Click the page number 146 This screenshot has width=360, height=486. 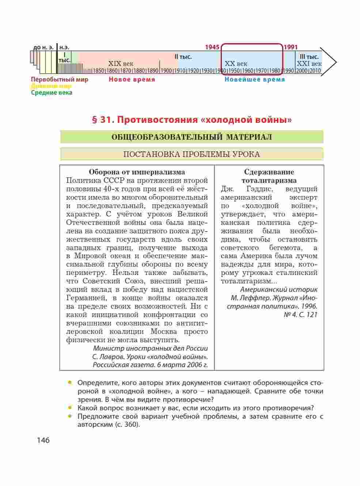(43, 440)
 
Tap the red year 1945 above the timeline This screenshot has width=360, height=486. (212, 47)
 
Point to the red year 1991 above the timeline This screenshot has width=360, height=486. (291, 47)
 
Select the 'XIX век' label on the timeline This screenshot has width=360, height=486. (121, 64)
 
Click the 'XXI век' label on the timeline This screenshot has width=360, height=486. (309, 64)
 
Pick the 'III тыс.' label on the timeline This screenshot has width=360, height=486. (309, 57)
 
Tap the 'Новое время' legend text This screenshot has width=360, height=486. (132, 79)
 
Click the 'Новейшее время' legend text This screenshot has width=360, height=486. (254, 79)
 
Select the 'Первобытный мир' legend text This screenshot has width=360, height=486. (60, 79)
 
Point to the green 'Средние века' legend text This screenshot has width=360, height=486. (52, 93)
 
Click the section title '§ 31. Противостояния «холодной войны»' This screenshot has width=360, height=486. (192, 120)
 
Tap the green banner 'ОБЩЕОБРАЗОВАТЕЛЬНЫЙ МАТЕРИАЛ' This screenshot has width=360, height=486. (192, 137)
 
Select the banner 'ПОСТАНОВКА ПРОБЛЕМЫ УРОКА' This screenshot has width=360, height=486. (192, 154)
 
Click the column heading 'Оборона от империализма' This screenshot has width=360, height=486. (137, 172)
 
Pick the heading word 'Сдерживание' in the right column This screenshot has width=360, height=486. (269, 172)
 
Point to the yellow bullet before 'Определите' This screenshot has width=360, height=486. (69, 383)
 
